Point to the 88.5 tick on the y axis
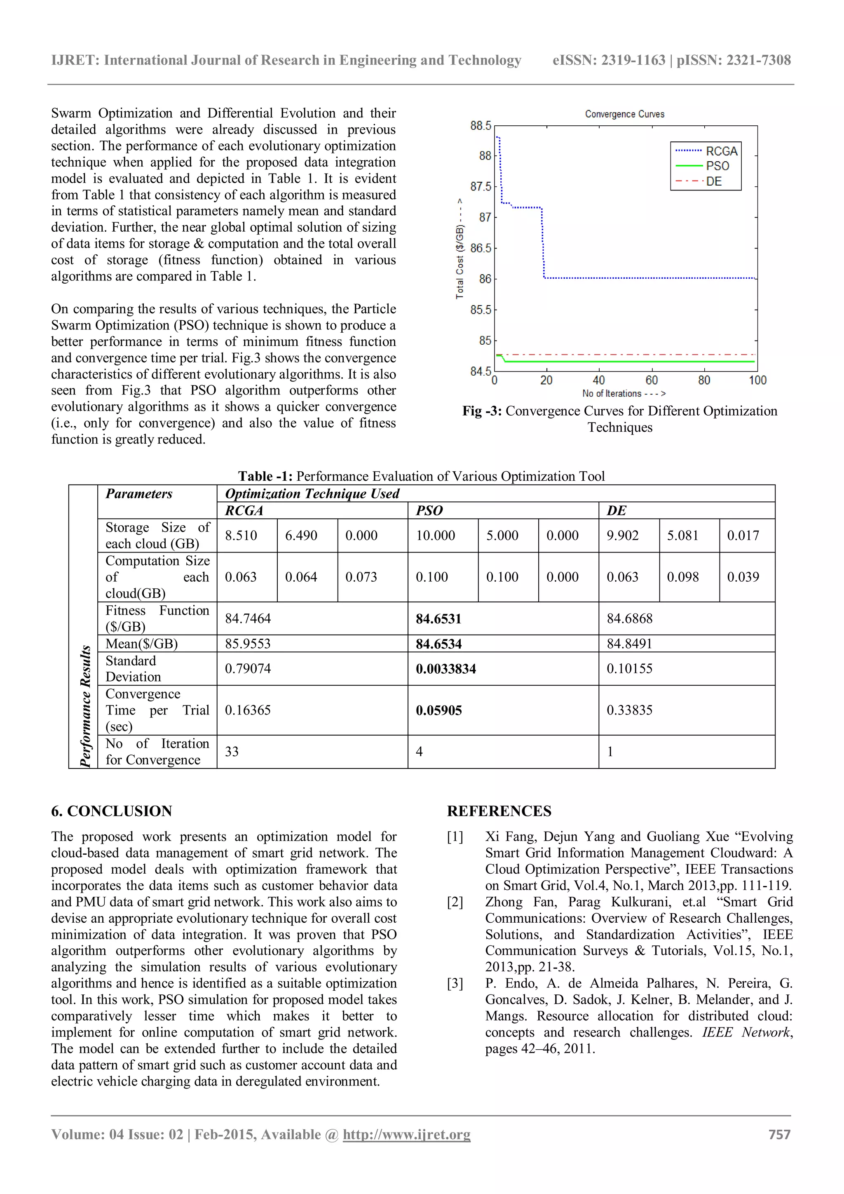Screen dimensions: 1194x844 click(480, 126)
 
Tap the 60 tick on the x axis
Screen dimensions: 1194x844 click(651, 380)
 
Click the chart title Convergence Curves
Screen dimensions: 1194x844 click(624, 114)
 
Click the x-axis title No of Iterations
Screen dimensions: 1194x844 click(624, 394)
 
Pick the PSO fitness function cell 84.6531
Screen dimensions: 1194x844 click(438, 619)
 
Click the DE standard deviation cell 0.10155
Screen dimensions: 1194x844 click(629, 669)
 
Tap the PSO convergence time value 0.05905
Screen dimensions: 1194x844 click(438, 710)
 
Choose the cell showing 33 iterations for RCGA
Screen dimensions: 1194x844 click(232, 752)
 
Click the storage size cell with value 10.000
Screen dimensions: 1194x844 click(435, 536)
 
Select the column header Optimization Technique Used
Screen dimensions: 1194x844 click(312, 494)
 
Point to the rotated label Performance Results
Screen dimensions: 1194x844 click(85, 706)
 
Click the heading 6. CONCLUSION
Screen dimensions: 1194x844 click(111, 811)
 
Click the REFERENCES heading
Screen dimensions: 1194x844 click(499, 811)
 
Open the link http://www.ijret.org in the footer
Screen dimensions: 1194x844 click(406, 1135)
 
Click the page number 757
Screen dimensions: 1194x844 click(779, 1135)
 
